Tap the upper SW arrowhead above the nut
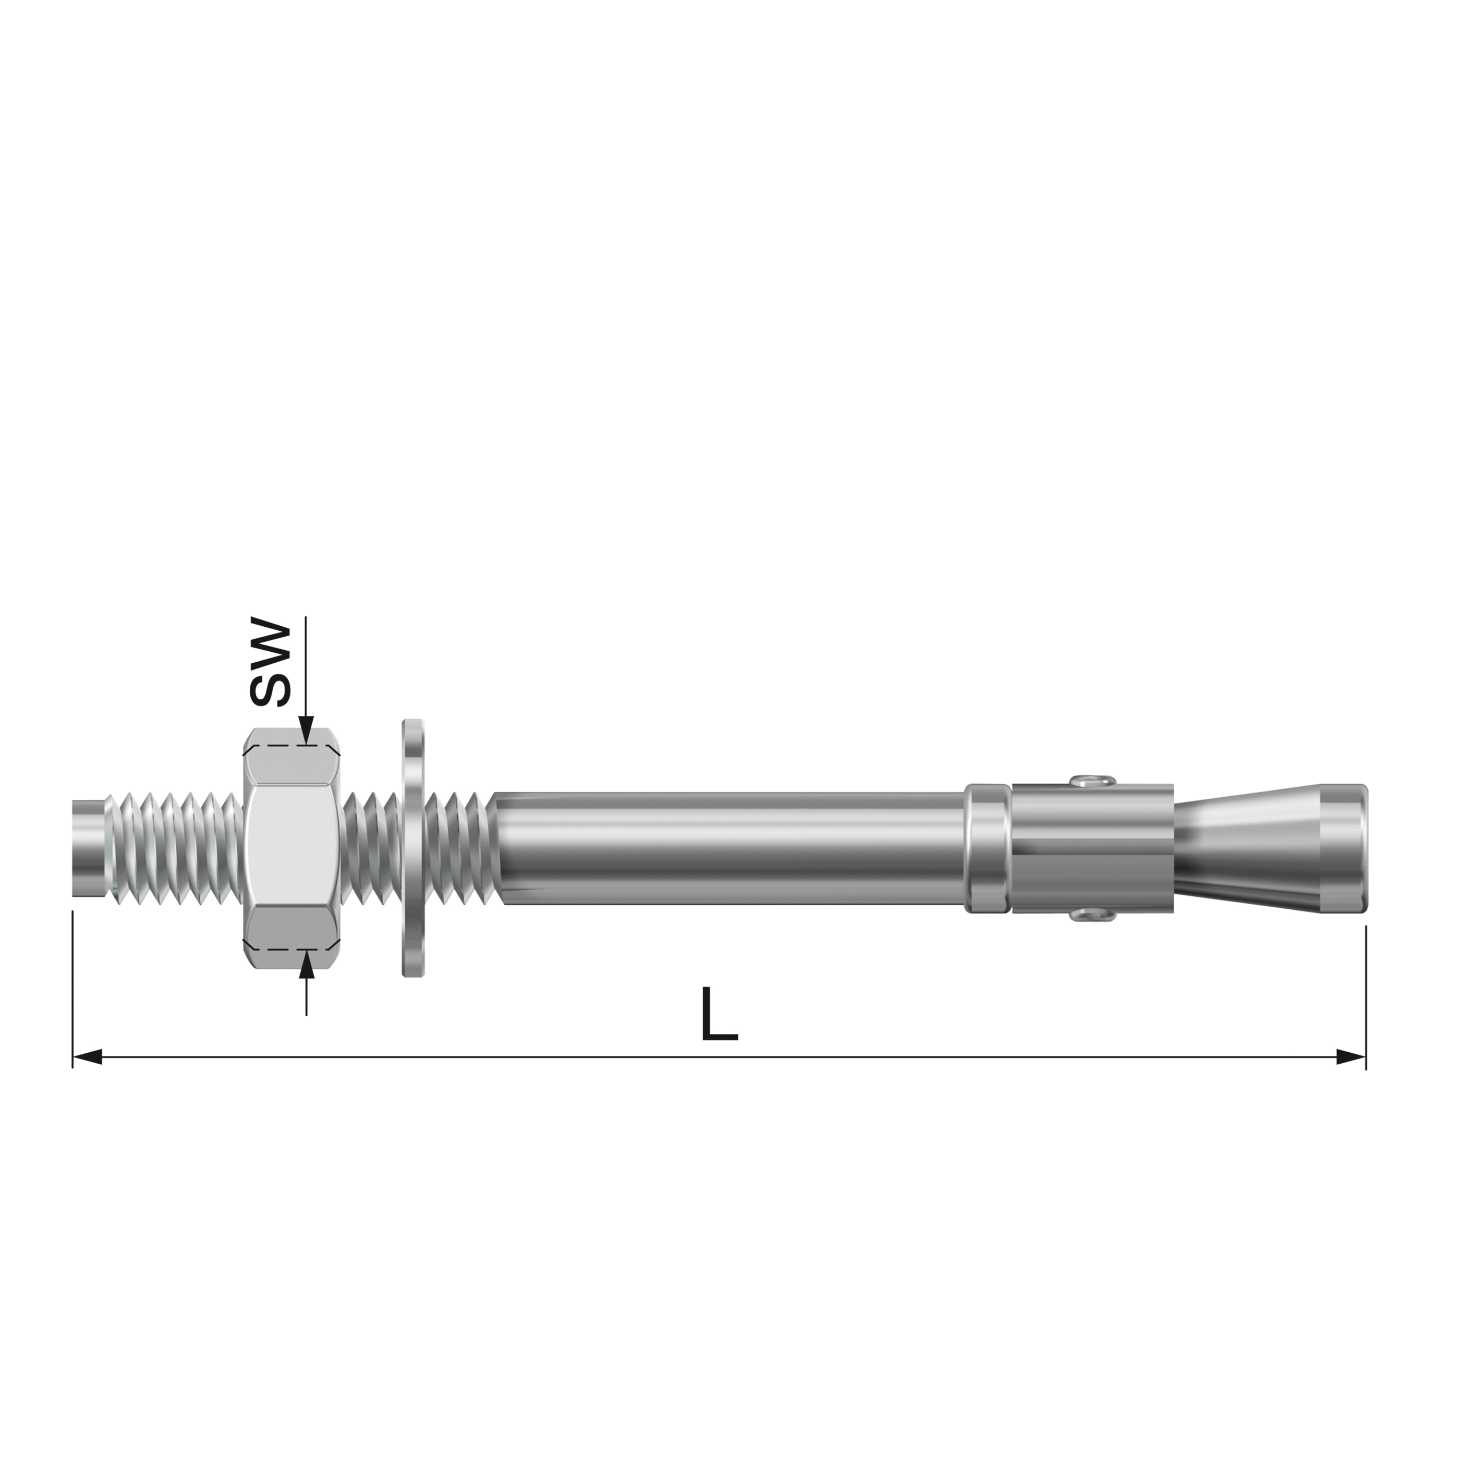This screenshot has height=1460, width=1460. pyautogui.click(x=306, y=731)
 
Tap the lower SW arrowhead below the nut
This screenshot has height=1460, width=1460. pyautogui.click(x=306, y=965)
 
